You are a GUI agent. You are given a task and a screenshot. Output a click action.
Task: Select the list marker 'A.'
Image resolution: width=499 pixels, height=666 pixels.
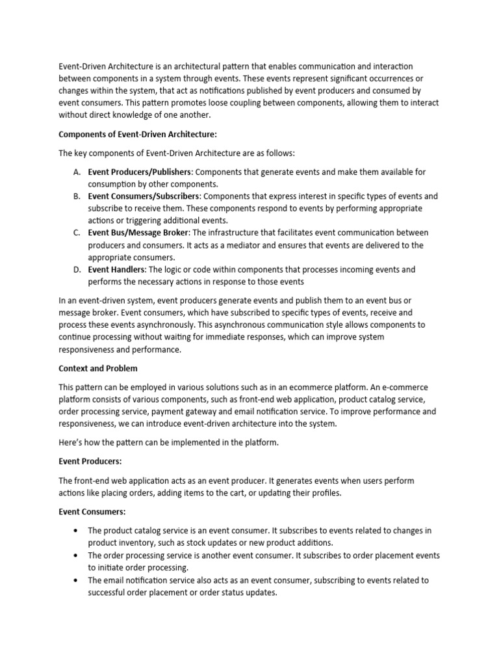77,172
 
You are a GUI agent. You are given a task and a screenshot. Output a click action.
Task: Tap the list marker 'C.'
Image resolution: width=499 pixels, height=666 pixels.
77,233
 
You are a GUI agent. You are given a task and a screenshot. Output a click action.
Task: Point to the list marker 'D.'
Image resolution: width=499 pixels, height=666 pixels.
77,269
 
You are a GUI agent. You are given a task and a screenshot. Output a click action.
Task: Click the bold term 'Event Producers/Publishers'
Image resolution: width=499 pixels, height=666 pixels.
140,172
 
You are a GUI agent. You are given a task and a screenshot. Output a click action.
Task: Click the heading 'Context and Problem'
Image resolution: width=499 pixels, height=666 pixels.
98,368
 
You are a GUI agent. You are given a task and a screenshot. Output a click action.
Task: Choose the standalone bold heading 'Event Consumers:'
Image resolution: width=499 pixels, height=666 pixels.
92,513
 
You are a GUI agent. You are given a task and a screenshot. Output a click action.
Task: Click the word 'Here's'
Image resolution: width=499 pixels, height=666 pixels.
71,442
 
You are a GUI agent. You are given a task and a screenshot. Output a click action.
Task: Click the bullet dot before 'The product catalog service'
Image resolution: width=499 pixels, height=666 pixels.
77,531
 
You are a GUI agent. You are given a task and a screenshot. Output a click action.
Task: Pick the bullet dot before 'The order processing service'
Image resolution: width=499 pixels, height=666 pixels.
77,555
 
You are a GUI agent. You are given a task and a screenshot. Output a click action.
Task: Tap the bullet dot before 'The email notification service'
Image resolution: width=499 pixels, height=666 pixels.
77,580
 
